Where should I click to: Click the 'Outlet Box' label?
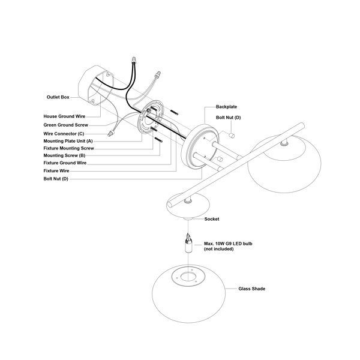pyautogui.click(x=58, y=97)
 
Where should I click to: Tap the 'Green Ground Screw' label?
pyautogui.click(x=65, y=124)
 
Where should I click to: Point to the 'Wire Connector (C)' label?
pyautogui.click(x=64, y=133)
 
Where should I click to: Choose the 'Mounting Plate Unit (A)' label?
pyautogui.click(x=67, y=140)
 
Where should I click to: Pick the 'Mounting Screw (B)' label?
pyautogui.click(x=64, y=155)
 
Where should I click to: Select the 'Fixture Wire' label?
pyautogui.click(x=56, y=170)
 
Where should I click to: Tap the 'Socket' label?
pyautogui.click(x=212, y=219)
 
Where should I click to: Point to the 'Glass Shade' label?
pyautogui.click(x=251, y=289)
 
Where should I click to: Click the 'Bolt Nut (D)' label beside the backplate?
pyautogui.click(x=229, y=117)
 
